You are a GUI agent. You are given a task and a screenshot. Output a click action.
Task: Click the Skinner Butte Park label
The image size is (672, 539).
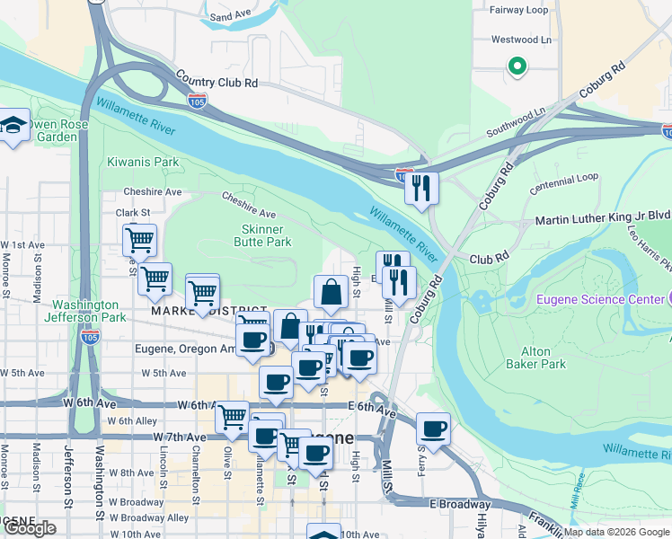point(262,235)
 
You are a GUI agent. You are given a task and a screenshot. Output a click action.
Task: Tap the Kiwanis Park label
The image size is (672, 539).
point(143,162)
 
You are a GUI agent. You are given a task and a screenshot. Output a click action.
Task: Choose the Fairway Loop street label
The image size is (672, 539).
point(518,10)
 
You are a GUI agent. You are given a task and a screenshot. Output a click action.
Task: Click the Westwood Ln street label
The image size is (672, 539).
point(521,40)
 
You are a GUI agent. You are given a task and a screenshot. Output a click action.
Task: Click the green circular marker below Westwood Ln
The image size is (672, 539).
point(517,65)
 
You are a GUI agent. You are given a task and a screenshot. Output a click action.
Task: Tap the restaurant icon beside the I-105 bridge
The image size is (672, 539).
point(420,188)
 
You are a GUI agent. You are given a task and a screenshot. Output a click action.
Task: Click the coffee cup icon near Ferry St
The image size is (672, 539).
point(433,429)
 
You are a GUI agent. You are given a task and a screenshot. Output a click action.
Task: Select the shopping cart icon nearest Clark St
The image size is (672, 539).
point(139,240)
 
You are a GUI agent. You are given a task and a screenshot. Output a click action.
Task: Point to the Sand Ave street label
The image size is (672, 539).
point(230,16)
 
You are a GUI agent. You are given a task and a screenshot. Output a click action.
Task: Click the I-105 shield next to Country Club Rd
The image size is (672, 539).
point(198,99)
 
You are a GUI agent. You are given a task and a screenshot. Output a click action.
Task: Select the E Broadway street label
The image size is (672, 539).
point(459,504)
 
